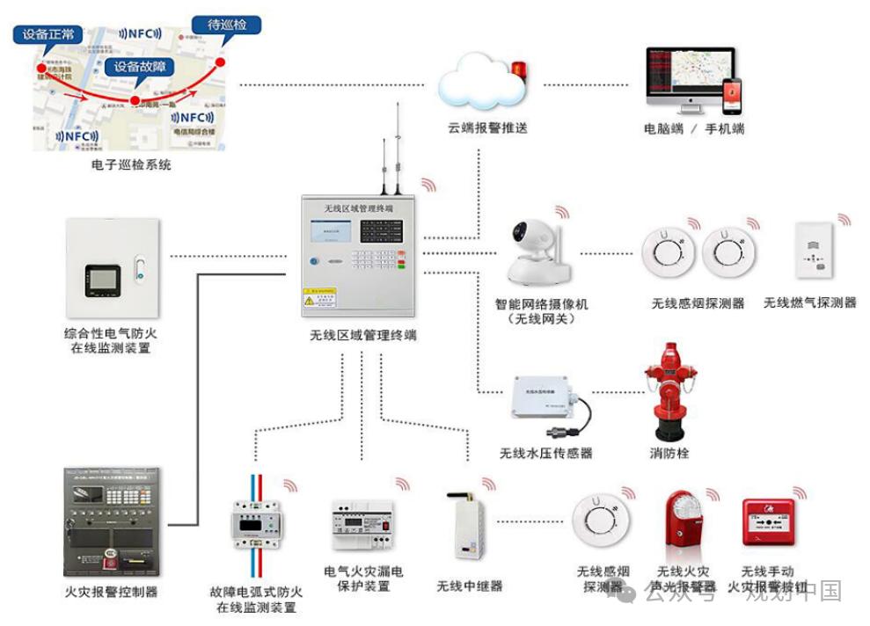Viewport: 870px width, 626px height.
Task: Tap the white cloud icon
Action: point(482,86)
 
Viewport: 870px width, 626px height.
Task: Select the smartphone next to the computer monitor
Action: point(732,96)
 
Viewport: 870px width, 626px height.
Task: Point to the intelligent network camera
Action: point(539,251)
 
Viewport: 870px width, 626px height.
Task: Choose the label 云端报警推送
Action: point(487,128)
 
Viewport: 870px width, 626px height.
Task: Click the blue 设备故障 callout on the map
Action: point(139,68)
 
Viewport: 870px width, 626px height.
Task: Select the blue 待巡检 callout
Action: point(226,25)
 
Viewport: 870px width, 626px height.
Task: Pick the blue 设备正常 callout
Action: point(48,36)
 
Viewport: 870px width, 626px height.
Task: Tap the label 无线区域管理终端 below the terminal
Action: point(362,335)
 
